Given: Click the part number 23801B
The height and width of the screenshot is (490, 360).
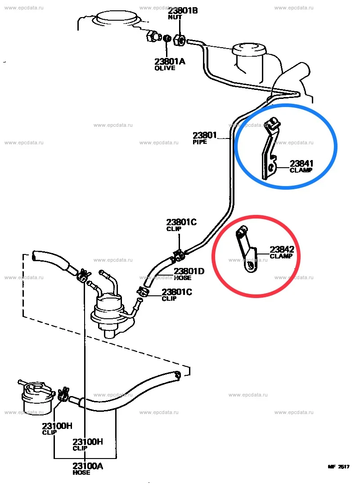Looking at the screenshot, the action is point(183,10).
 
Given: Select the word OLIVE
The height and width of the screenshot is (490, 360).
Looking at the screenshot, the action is point(165,68).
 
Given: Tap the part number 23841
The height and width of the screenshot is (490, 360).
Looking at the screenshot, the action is point(301,164).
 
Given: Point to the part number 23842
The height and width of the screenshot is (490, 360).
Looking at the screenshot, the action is point(282,249).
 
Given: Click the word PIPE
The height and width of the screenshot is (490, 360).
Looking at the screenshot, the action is point(200,142).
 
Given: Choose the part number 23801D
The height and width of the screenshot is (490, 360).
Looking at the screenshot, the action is point(189,271).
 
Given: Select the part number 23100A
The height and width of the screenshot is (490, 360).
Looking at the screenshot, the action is point(88,466).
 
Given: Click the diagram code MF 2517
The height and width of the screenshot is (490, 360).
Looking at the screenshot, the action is point(339,467).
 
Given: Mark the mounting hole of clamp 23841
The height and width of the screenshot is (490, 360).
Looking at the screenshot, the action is point(271,169).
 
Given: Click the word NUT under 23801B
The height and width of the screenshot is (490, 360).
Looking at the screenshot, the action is point(175,17).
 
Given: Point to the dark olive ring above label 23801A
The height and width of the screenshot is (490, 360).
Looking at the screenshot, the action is point(167,39).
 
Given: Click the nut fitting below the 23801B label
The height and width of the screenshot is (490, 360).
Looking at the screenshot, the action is point(179,40).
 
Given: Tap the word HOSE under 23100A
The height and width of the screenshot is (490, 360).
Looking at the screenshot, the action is point(81,473).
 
